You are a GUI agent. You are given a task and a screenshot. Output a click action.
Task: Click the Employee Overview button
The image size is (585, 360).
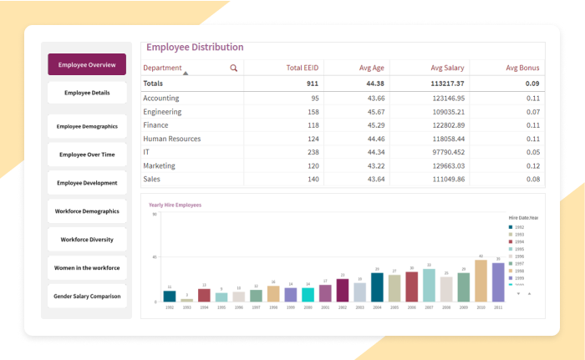pyautogui.click(x=87, y=64)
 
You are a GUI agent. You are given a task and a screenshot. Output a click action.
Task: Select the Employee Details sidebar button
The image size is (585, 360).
pyautogui.click(x=87, y=93)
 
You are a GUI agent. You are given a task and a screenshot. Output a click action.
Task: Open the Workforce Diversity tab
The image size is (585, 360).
pyautogui.click(x=87, y=240)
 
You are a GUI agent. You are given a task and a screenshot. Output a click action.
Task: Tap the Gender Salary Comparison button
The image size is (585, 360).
pyautogui.click(x=87, y=297)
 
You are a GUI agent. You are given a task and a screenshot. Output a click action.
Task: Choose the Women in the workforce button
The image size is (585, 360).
pyautogui.click(x=87, y=268)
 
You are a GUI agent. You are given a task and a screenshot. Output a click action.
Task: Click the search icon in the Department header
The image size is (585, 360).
pyautogui.click(x=234, y=68)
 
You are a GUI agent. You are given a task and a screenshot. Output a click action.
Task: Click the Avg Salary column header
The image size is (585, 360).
pyautogui.click(x=447, y=68)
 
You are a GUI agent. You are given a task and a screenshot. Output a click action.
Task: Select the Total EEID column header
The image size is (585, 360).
pyautogui.click(x=303, y=68)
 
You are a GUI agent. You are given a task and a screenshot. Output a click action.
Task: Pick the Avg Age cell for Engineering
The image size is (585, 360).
pyautogui.click(x=369, y=112)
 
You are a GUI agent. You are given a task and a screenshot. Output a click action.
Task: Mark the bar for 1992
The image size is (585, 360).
pyautogui.click(x=170, y=296)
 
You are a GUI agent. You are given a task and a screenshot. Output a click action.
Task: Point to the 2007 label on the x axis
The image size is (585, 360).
pyautogui.click(x=429, y=307)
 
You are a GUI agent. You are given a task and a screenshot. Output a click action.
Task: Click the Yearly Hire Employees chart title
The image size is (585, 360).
pyautogui.click(x=175, y=205)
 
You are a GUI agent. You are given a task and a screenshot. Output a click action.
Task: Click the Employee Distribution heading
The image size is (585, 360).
pyautogui.click(x=195, y=48)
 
